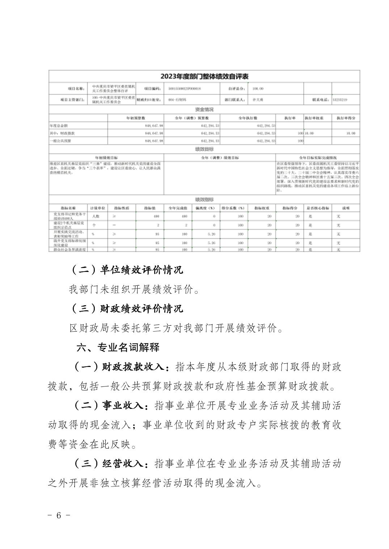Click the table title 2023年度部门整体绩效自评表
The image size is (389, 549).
coord(204,76)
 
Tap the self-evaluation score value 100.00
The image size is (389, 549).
coord(258,88)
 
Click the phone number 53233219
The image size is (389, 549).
coord(340,99)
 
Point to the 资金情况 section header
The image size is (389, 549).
coord(204,109)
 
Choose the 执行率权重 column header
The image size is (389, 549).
coord(314,118)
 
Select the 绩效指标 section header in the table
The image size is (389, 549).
coord(204,199)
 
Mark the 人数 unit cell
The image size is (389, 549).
coord(95,216)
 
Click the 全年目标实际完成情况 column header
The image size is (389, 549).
coord(318,158)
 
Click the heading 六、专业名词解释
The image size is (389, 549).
coord(118,347)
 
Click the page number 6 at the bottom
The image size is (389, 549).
coord(59,525)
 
